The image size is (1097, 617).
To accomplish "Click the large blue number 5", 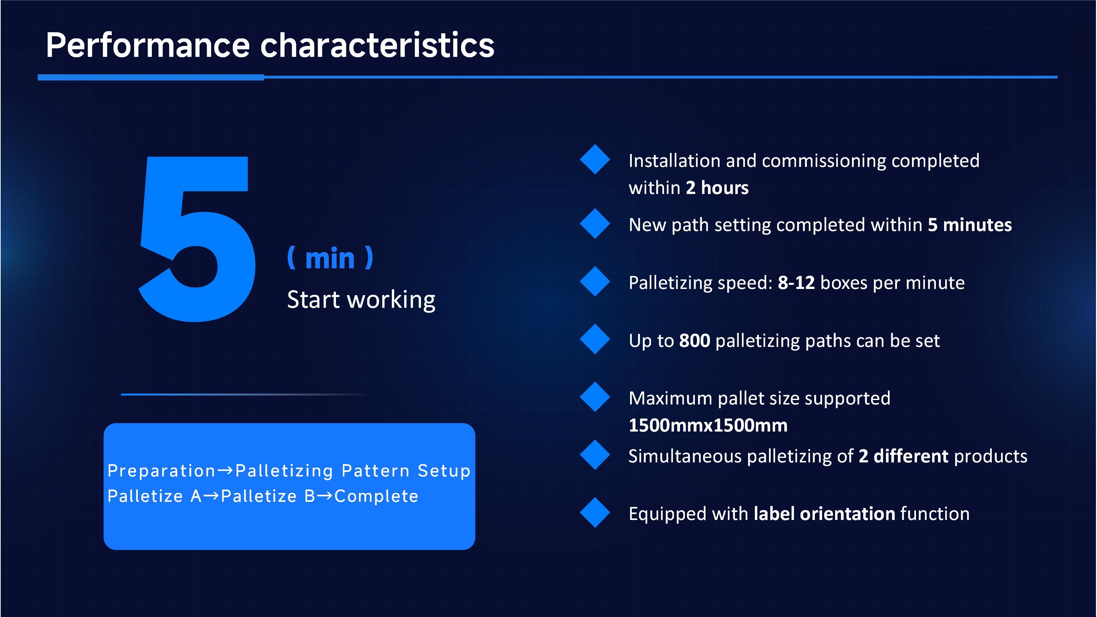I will [197, 239].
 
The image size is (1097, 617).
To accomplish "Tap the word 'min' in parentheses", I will [330, 258].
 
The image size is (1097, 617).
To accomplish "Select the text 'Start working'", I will [361, 299].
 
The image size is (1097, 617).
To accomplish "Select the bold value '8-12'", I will [796, 283].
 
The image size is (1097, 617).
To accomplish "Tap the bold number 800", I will [694, 341].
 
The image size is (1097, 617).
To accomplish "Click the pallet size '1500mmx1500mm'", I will [708, 425].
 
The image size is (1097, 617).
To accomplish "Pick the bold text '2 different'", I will [903, 456].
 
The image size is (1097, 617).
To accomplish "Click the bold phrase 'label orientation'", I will [824, 514].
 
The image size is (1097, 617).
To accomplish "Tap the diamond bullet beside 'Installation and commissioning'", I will [594, 159].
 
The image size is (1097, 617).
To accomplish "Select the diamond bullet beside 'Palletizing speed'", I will [594, 281].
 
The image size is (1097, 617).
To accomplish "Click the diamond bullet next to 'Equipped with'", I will [594, 513].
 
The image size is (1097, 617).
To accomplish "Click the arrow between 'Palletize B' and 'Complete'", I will [325, 496].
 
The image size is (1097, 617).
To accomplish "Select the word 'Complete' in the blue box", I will [376, 496].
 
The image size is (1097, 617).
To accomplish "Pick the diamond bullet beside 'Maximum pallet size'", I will [594, 397].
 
